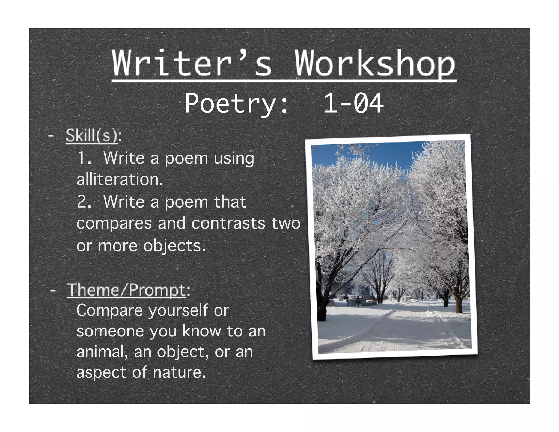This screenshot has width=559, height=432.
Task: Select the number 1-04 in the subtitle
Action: coord(353,103)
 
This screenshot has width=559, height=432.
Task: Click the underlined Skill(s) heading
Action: coord(92,135)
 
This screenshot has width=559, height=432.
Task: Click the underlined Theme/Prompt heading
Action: coord(126,290)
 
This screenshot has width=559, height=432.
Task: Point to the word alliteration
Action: coord(120,180)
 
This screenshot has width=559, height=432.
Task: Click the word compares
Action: coord(114,224)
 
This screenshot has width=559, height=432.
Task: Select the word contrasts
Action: coord(228,224)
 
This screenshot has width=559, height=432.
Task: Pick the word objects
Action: coord(174,246)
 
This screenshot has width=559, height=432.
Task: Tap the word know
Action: coord(201,331)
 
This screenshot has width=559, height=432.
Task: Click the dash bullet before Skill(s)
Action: coord(50,135)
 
